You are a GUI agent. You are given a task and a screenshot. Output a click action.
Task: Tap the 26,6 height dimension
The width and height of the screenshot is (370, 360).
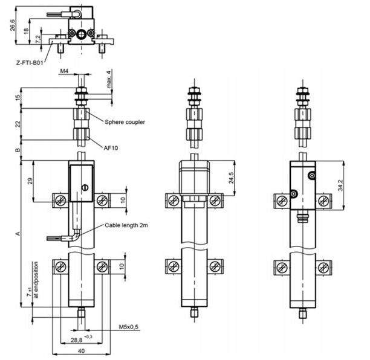click(13, 25)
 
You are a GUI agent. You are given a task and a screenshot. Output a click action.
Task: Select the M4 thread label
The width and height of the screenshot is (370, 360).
click(64, 71)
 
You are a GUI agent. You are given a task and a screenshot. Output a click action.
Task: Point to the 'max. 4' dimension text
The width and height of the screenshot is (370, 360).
click(109, 79)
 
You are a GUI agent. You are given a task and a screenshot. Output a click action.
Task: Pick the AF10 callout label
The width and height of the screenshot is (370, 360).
click(110, 147)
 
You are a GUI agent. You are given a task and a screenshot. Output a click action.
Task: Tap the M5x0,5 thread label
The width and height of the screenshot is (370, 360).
click(127, 327)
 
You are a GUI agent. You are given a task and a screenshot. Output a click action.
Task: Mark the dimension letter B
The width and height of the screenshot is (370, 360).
click(18, 150)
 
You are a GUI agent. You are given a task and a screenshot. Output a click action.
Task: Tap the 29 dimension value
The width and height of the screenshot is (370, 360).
click(30, 181)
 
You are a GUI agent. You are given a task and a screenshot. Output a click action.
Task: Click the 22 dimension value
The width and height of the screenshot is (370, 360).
click(18, 123)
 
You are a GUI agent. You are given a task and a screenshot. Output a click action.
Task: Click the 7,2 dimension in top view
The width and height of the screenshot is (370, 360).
click(38, 38)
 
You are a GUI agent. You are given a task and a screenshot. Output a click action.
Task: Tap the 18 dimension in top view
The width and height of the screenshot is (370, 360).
click(25, 31)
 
